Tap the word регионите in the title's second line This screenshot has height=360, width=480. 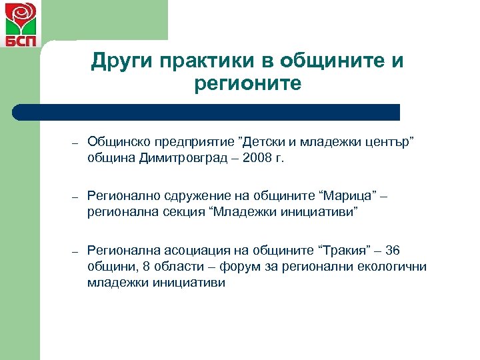pos(247,84)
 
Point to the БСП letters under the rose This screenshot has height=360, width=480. pos(21,41)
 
